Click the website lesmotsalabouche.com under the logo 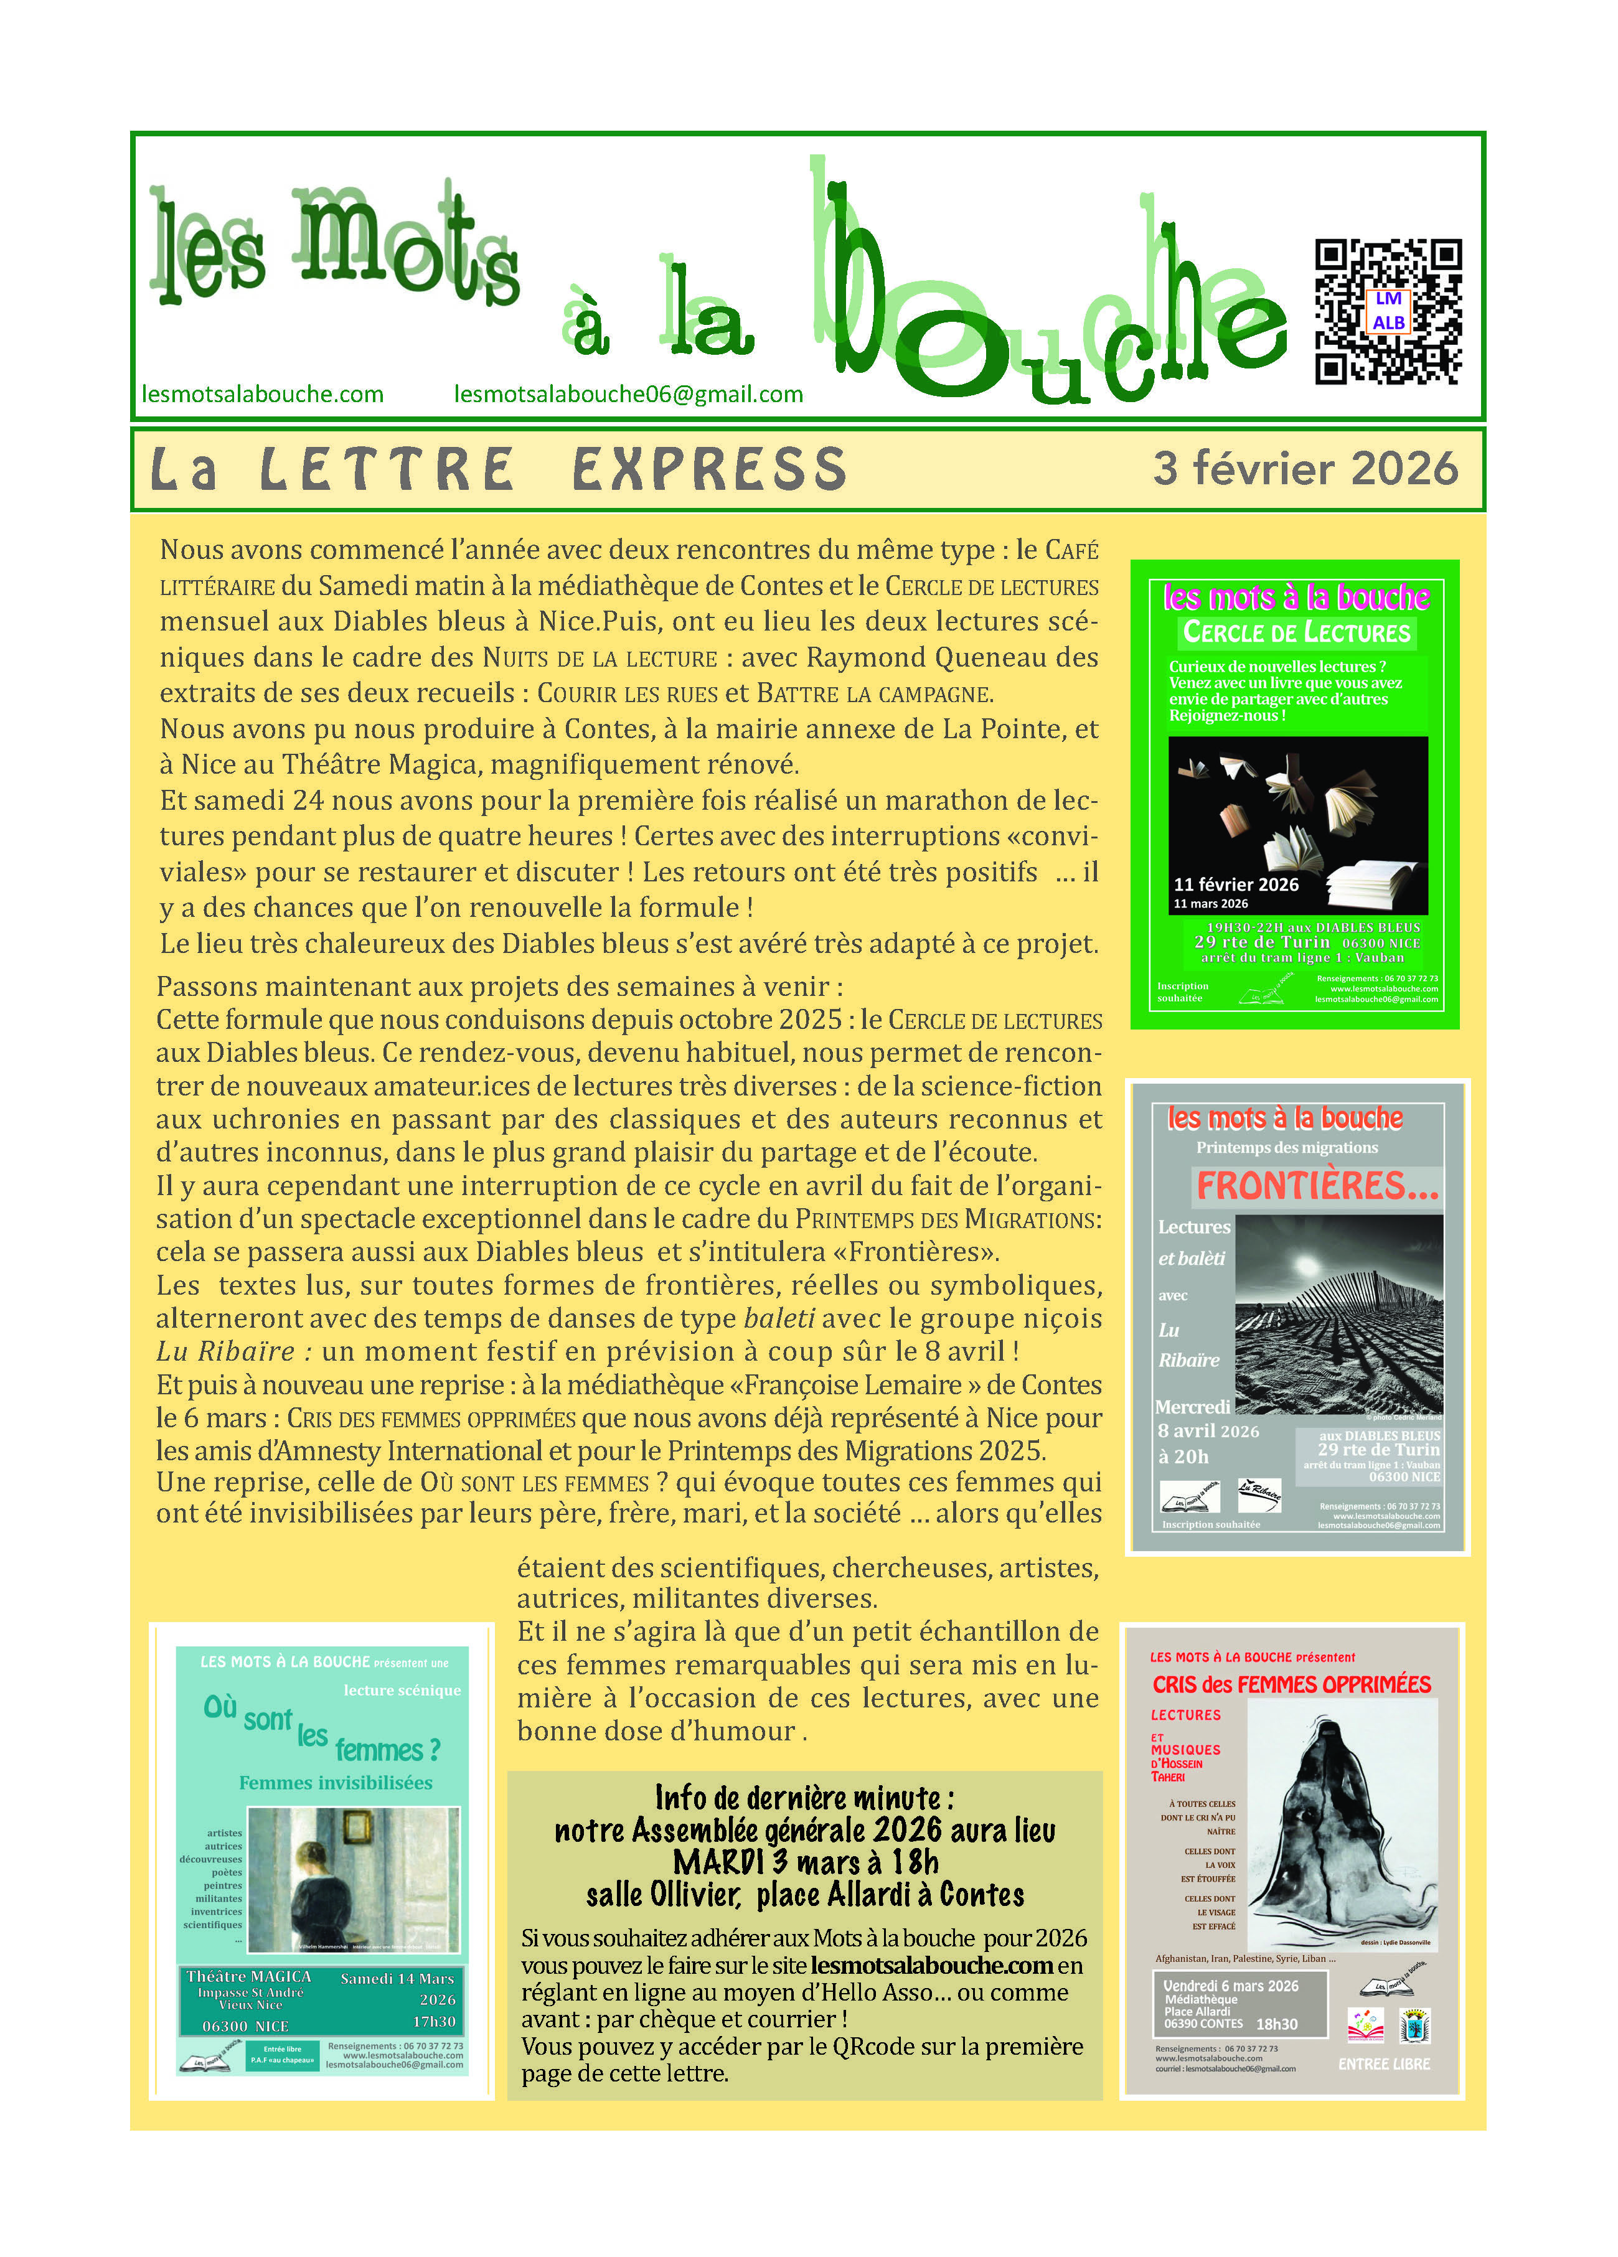pyautogui.click(x=263, y=394)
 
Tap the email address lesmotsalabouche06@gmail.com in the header pyautogui.click(x=628, y=394)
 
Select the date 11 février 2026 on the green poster pyautogui.click(x=1236, y=884)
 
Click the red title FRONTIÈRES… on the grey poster pyautogui.click(x=1317, y=1185)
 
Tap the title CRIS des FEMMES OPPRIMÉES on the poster pyautogui.click(x=1291, y=1684)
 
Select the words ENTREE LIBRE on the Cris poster pyautogui.click(x=1383, y=2064)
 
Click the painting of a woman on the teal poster pyautogui.click(x=352, y=1879)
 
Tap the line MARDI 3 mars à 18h pyautogui.click(x=804, y=1862)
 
